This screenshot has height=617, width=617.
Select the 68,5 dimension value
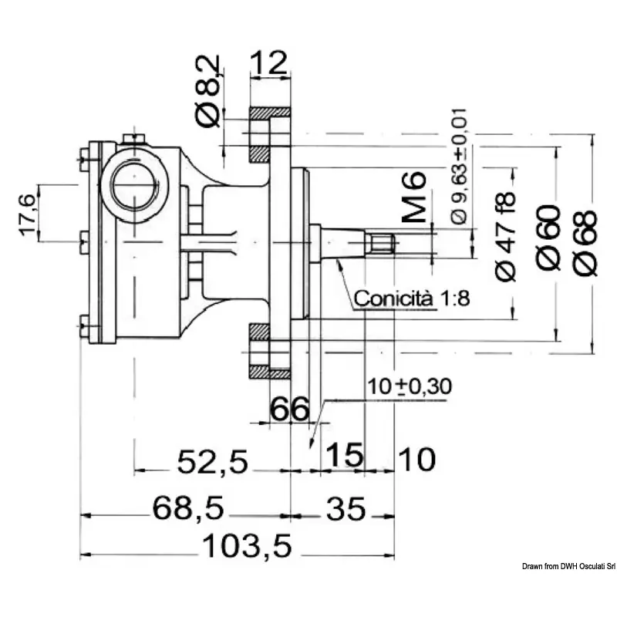(x=188, y=509)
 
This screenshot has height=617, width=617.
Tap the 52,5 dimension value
(x=213, y=462)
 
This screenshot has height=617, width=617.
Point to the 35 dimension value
(x=345, y=509)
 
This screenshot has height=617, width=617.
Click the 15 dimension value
(x=342, y=456)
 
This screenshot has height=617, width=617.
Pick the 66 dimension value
(x=289, y=410)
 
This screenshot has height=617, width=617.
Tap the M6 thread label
(x=415, y=197)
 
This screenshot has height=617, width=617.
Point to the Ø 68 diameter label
(x=586, y=240)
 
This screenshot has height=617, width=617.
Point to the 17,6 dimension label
(x=27, y=215)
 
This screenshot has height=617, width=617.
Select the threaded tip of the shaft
(x=383, y=246)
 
